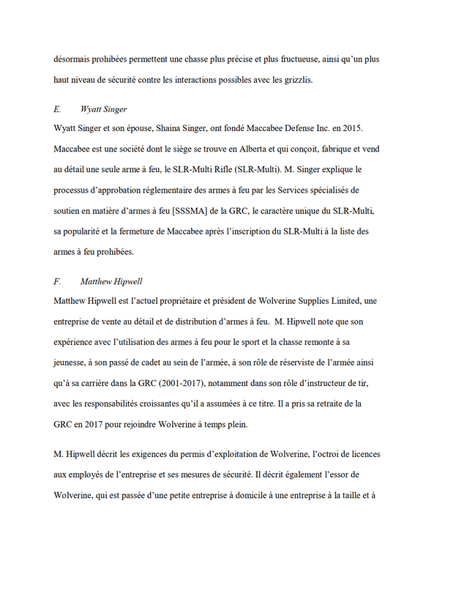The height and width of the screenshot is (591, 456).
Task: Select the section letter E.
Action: (x=57, y=109)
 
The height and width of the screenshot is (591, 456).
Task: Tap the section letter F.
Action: (x=57, y=280)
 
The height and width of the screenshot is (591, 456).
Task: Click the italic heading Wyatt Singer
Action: (x=104, y=109)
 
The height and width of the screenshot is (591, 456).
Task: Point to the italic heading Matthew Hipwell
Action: (x=112, y=280)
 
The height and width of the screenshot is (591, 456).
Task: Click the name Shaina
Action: (x=154, y=129)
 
